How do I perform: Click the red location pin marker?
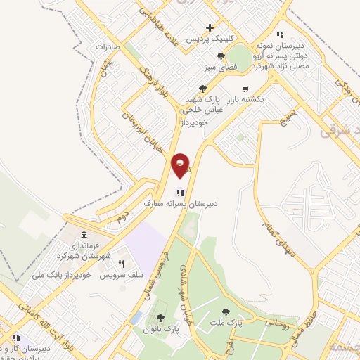point(181,166)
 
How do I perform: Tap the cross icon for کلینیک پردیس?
point(210,28)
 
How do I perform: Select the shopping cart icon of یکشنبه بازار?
point(245,89)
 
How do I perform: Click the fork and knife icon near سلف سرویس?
point(121,264)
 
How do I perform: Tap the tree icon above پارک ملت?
point(226,311)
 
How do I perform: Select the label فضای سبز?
point(219,67)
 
